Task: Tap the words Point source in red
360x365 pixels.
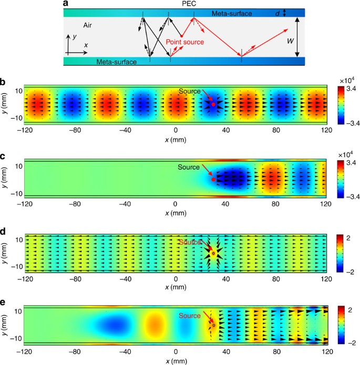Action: (184, 41)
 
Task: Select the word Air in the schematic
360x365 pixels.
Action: (89, 25)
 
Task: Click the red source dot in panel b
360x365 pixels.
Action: (213, 105)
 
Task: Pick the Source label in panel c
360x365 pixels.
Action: (189, 167)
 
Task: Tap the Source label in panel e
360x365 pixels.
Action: (190, 316)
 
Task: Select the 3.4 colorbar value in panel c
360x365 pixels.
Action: (348, 163)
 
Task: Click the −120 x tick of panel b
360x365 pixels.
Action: (25, 129)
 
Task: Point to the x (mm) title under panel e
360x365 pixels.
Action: (176, 361)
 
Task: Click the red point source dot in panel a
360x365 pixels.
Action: (182, 35)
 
